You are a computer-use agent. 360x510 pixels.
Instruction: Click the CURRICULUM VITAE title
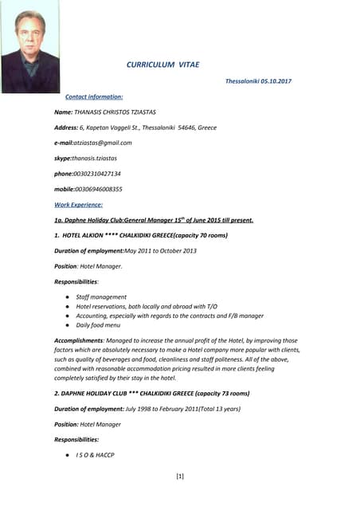pos(163,65)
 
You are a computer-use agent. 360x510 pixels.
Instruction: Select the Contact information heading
pos(94,96)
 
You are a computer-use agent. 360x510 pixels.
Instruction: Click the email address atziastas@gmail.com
pos(103,143)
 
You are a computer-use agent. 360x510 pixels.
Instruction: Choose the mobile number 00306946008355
pos(99,189)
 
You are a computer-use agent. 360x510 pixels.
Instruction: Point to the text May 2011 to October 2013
pos(159,251)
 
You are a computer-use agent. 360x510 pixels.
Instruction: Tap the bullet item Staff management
pos(101,296)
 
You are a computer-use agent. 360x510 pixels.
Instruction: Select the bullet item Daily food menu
pos(99,325)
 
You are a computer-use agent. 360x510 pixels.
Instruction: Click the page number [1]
pos(180,477)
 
